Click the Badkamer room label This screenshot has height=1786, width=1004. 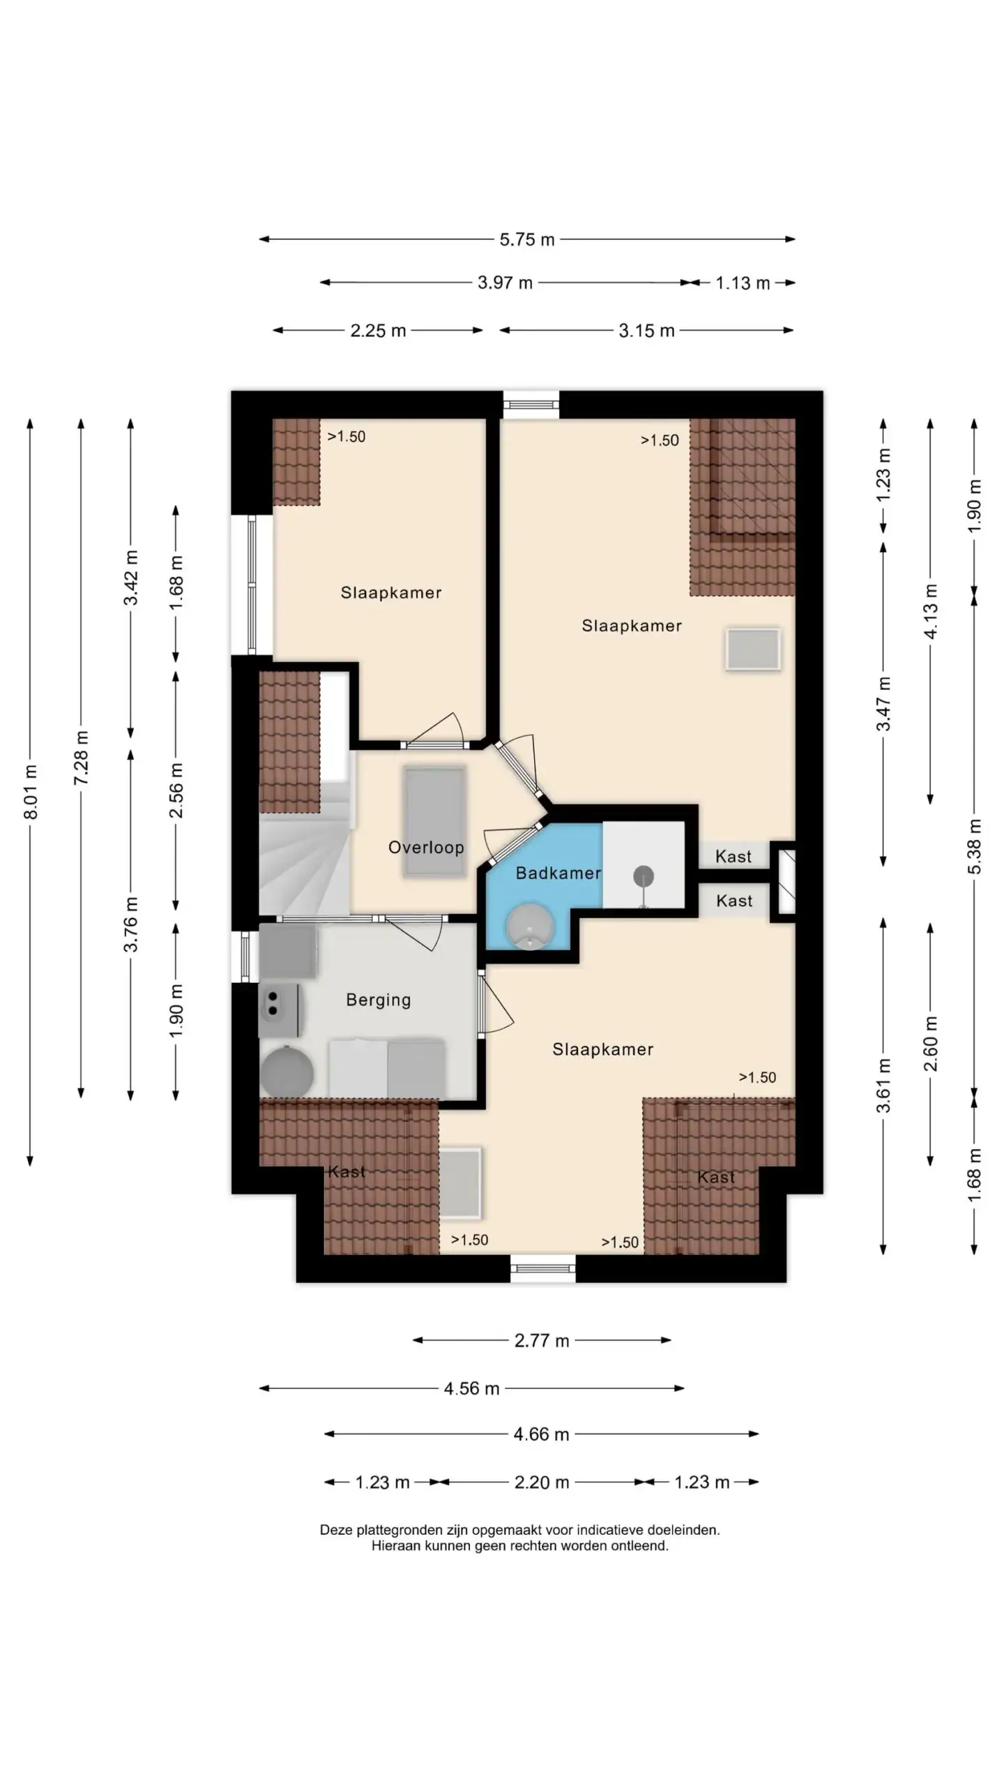pyautogui.click(x=558, y=873)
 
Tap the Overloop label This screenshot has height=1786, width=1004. pyautogui.click(x=426, y=847)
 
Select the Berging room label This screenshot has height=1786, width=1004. pyautogui.click(x=379, y=1000)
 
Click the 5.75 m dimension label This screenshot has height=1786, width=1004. pyautogui.click(x=527, y=239)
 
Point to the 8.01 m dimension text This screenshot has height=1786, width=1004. pyautogui.click(x=31, y=792)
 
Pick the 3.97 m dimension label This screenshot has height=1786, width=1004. pyautogui.click(x=505, y=283)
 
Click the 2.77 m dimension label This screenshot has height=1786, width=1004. pyautogui.click(x=542, y=1340)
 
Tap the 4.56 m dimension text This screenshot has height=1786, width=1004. pyautogui.click(x=472, y=1388)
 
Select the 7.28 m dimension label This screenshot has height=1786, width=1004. pyautogui.click(x=82, y=758)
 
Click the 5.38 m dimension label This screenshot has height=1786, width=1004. pyautogui.click(x=974, y=846)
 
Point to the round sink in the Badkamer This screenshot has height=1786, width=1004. pyautogui.click(x=531, y=926)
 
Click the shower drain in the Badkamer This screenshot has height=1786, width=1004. pyautogui.click(x=643, y=875)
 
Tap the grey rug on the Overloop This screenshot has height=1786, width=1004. pyautogui.click(x=434, y=821)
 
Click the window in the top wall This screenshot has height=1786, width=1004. pyautogui.click(x=531, y=404)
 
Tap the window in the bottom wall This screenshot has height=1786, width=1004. pyautogui.click(x=543, y=1268)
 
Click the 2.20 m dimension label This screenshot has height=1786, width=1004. pyautogui.click(x=542, y=1482)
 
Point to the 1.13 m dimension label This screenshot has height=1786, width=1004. pyautogui.click(x=743, y=283)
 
